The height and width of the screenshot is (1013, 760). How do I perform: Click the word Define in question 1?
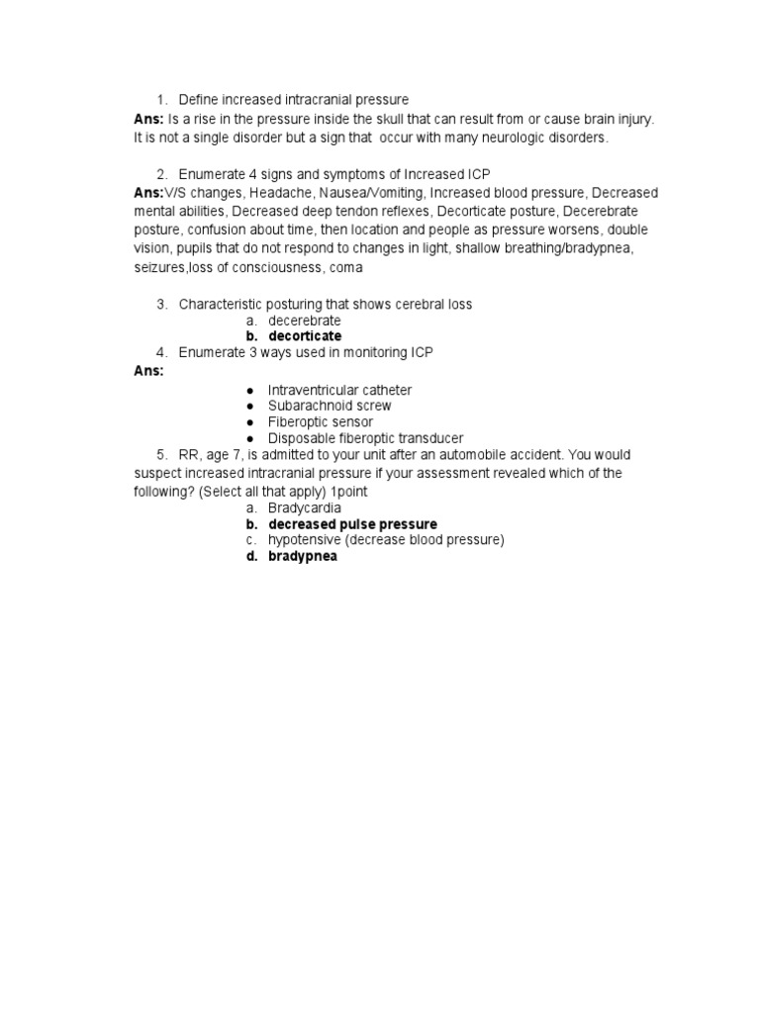click(x=199, y=100)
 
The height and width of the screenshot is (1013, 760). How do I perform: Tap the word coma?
click(x=346, y=267)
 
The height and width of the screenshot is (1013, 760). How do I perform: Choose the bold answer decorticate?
click(x=305, y=336)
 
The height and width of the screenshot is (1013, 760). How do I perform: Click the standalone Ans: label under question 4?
click(x=148, y=371)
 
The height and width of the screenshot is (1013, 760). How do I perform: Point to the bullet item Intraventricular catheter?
click(x=339, y=390)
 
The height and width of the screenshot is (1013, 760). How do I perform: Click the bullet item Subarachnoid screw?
click(x=330, y=406)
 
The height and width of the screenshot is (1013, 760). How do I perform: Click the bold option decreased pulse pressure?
click(x=352, y=523)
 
